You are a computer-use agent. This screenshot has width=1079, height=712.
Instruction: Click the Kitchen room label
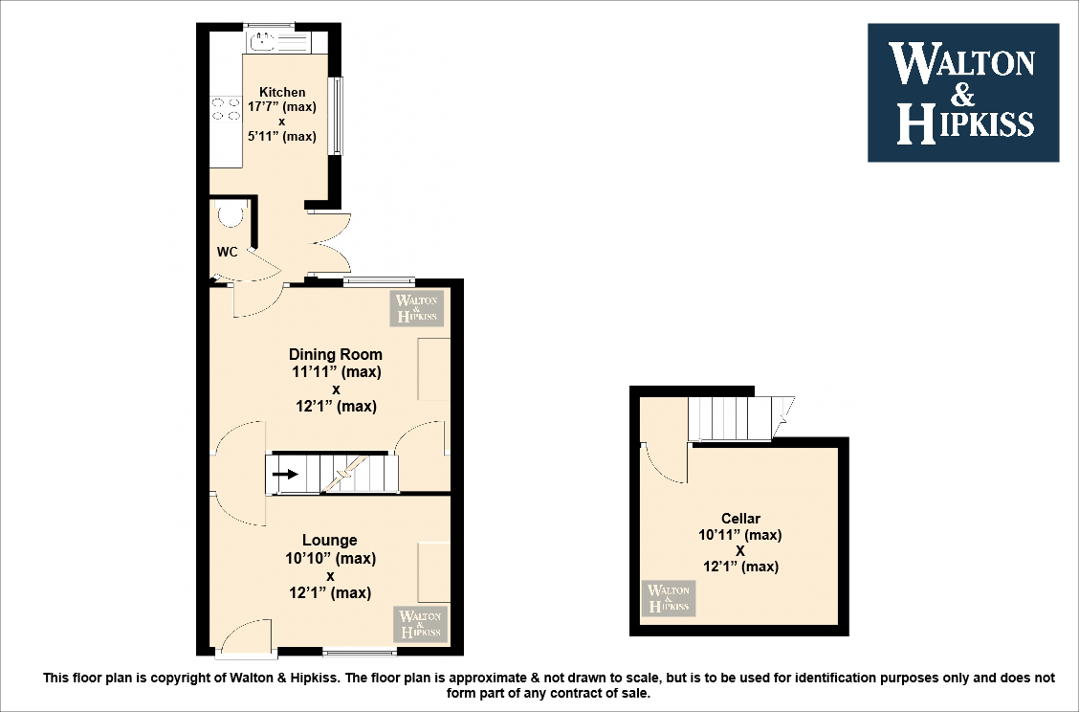[x=282, y=93]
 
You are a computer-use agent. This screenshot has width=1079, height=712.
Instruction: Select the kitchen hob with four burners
[x=226, y=109]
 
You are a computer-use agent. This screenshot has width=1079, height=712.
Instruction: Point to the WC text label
[x=227, y=253]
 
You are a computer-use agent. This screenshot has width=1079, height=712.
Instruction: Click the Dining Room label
[x=336, y=354]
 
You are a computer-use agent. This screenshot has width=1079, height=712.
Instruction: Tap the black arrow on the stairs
[x=285, y=473]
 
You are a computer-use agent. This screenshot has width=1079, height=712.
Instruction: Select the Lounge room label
[x=330, y=541]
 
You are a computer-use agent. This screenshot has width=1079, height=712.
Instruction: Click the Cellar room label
[x=740, y=519]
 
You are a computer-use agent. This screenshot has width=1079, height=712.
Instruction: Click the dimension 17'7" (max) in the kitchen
[x=282, y=107]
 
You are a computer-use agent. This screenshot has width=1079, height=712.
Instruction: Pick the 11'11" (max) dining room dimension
[x=336, y=371]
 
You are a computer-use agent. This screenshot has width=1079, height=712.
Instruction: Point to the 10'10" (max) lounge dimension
[x=330, y=558]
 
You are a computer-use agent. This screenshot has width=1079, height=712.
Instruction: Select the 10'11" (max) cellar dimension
[x=740, y=535]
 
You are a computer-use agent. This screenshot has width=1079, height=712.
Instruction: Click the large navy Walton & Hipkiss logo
[x=962, y=93]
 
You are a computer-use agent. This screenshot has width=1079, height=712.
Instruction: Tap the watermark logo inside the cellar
[x=669, y=598]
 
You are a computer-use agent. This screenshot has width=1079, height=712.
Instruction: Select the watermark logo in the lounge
[x=419, y=624]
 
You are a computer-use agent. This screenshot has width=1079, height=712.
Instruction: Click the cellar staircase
[x=732, y=418]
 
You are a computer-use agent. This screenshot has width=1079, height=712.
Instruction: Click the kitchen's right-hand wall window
[x=336, y=115]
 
